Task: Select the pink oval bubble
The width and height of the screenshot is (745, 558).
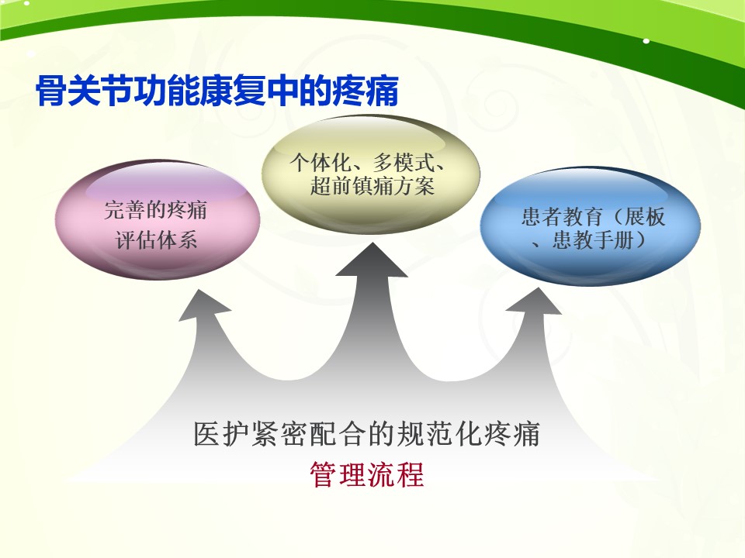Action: tap(158, 220)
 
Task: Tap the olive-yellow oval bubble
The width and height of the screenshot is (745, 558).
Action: tap(371, 174)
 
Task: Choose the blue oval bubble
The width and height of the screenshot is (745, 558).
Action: tap(590, 226)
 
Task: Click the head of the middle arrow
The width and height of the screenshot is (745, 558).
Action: tap(372, 260)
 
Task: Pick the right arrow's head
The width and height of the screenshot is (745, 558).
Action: tap(535, 301)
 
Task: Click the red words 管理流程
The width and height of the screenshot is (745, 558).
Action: tap(367, 474)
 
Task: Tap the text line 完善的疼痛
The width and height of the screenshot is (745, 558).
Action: tap(156, 210)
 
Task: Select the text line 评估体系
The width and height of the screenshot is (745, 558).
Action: tap(156, 240)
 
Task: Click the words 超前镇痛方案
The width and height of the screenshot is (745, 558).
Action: tap(372, 185)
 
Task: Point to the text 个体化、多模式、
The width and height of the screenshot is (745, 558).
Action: tap(368, 162)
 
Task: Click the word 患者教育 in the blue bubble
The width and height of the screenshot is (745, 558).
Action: tap(562, 217)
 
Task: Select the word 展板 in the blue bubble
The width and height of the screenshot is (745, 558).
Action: tap(644, 217)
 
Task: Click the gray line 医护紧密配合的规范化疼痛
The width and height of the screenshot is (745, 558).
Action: tap(367, 434)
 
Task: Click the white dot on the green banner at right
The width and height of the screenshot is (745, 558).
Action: tap(646, 41)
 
